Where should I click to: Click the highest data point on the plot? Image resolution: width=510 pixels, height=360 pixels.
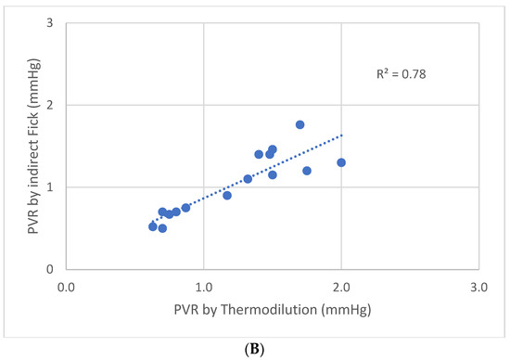300,124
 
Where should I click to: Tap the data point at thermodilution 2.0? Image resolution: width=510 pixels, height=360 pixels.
341,162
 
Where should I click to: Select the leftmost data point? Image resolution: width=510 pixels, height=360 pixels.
153,226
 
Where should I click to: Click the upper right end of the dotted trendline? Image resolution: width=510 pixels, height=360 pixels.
341,135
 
